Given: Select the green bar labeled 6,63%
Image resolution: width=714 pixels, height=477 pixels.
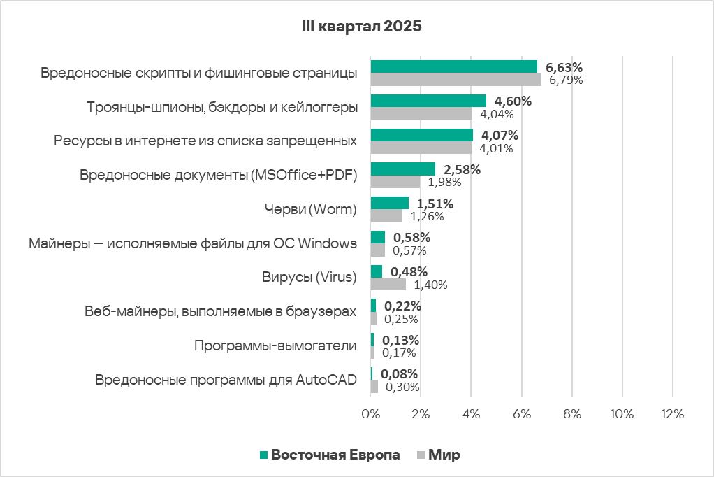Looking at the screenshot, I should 453,66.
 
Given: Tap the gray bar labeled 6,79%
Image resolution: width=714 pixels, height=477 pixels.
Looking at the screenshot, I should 456,80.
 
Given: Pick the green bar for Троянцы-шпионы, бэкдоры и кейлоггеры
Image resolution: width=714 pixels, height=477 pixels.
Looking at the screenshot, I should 428,101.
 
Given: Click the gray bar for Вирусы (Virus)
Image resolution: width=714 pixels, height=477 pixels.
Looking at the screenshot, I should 388,285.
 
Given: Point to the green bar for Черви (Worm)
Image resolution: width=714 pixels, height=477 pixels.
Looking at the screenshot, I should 389,203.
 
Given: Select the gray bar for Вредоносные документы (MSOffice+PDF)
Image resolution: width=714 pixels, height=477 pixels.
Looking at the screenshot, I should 395,182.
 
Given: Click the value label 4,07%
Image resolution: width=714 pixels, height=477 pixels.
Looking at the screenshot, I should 500,135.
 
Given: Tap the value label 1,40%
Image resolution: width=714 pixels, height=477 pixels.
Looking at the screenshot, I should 430,285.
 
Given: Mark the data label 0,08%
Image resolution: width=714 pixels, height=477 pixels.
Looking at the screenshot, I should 400,373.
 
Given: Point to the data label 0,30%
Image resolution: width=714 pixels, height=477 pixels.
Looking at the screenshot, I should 402,387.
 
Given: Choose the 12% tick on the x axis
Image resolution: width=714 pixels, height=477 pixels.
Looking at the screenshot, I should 671,413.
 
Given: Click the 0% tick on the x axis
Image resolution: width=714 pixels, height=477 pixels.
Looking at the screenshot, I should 370,413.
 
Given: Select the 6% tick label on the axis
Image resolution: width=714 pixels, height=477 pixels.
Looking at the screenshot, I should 521,413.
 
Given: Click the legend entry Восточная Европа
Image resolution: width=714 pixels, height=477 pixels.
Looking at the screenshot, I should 335,455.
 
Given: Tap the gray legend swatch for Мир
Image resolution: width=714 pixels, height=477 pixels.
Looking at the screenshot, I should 421,455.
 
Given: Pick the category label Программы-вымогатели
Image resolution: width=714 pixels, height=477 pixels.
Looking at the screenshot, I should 275,346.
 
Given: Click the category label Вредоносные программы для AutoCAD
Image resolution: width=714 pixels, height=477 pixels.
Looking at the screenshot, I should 225,380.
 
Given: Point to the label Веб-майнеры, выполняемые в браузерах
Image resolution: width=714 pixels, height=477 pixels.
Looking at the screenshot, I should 220,312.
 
